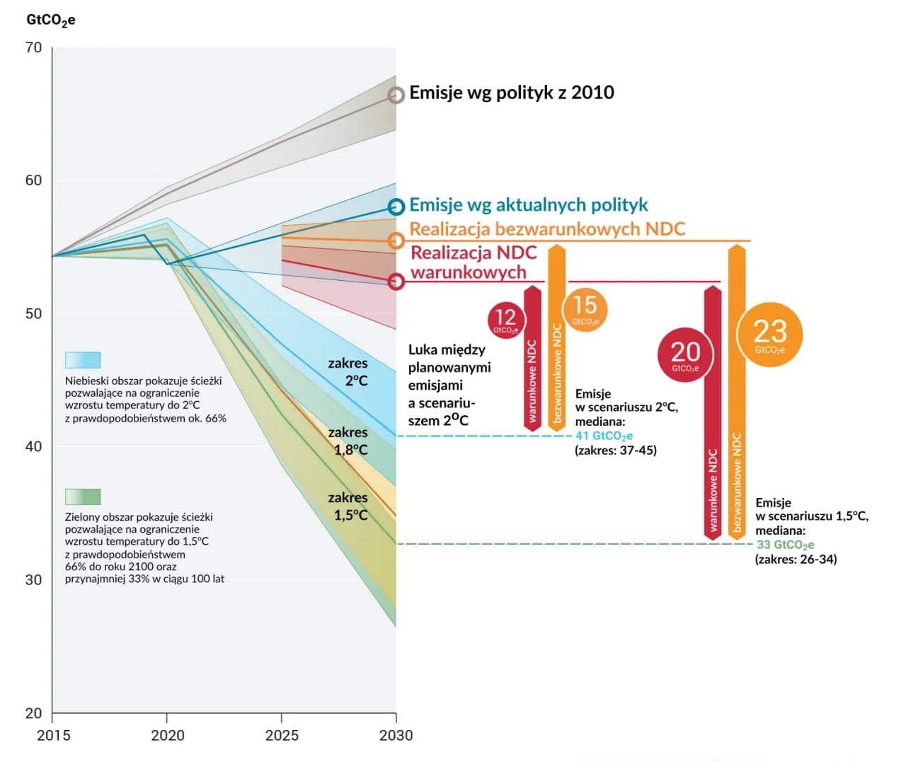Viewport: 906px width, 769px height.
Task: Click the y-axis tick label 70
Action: (33, 47)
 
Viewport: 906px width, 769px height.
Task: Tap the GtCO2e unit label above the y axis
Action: (50, 20)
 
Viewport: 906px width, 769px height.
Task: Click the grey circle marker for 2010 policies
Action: (396, 95)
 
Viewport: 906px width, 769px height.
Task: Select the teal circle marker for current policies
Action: (396, 207)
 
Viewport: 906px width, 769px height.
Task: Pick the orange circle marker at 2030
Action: (396, 241)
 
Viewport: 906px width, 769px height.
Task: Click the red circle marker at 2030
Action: (396, 282)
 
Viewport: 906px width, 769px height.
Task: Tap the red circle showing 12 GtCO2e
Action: (505, 319)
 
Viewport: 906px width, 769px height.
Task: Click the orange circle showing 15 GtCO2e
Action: (585, 308)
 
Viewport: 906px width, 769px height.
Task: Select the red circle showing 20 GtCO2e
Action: (685, 354)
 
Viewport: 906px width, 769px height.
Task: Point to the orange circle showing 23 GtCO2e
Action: (769, 335)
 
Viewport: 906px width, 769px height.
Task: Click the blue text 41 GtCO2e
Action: (604, 436)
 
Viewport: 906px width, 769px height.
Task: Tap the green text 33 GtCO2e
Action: (785, 545)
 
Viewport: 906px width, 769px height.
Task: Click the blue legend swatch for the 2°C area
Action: (83, 359)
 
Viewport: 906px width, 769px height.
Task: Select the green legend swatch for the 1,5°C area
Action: (83, 496)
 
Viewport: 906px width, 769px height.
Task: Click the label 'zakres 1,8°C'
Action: (348, 441)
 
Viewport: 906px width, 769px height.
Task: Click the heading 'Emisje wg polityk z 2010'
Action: (511, 93)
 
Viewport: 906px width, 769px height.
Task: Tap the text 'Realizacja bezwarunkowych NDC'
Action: (547, 229)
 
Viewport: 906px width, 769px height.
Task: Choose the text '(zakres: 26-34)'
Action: (796, 559)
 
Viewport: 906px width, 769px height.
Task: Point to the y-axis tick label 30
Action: (33, 579)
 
